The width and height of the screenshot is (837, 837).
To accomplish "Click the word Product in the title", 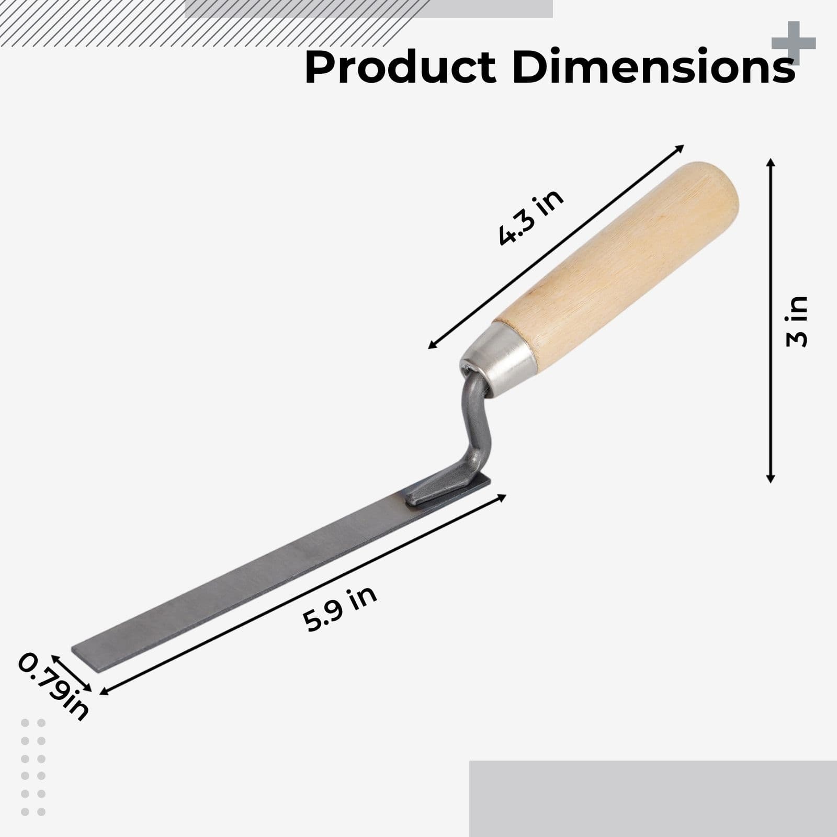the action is (x=400, y=67).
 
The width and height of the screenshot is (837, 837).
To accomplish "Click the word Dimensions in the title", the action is (x=653, y=67).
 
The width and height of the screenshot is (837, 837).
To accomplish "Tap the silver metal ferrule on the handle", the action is (x=500, y=357).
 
